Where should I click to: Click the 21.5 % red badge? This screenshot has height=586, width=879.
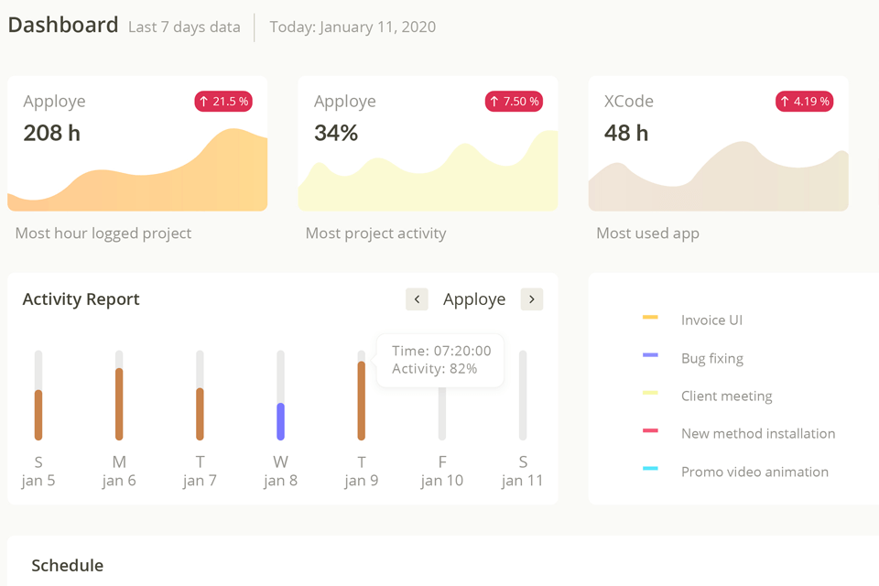223,102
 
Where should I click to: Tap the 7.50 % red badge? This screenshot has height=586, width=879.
514,102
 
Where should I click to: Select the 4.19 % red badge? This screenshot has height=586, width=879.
804,102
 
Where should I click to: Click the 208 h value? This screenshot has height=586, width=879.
52,134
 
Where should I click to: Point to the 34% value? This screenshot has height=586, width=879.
336,134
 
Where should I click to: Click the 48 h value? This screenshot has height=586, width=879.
626,134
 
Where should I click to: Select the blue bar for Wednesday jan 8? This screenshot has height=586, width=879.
280,421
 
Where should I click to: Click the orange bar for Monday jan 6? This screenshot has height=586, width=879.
119,404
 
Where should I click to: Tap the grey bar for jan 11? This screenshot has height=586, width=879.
523,396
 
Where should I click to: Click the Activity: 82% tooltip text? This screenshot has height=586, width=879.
434,369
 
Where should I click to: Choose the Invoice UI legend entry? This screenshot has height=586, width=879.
711,320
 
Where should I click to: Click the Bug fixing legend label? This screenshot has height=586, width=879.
712,358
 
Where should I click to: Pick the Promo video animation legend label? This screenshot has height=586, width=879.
754,472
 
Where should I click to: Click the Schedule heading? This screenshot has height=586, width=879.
68,566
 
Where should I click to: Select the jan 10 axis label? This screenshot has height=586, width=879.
442,481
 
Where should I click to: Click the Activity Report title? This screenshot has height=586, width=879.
81,299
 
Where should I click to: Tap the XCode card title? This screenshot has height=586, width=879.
629,102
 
